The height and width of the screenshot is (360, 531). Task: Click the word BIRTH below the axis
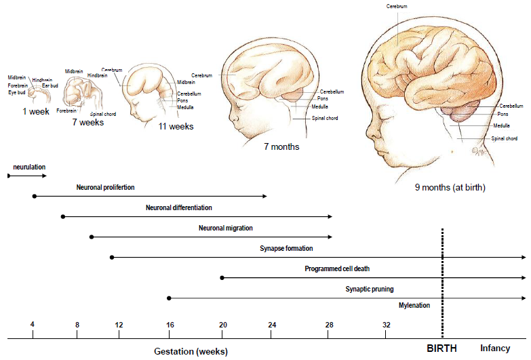[x=441, y=348]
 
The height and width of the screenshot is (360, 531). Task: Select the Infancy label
[x=495, y=348]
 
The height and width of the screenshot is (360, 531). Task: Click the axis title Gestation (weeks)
[x=191, y=351]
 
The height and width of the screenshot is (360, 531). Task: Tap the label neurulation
[x=29, y=166]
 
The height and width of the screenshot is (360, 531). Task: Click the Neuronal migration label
[x=226, y=228]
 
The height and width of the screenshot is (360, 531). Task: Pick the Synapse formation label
[x=286, y=249]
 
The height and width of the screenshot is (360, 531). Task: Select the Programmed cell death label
[x=337, y=269]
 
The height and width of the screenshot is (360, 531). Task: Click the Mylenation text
[x=414, y=305]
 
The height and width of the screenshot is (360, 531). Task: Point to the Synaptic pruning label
[x=370, y=289]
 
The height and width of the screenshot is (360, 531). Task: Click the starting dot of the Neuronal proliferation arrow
[x=33, y=196]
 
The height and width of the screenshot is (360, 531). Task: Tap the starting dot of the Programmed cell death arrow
[x=222, y=278]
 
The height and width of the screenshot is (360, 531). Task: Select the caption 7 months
[x=281, y=146]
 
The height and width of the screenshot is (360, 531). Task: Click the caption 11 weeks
[x=176, y=127]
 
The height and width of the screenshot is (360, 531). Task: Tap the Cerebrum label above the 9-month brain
[x=397, y=6]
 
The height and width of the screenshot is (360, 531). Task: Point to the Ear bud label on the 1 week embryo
[x=50, y=85]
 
